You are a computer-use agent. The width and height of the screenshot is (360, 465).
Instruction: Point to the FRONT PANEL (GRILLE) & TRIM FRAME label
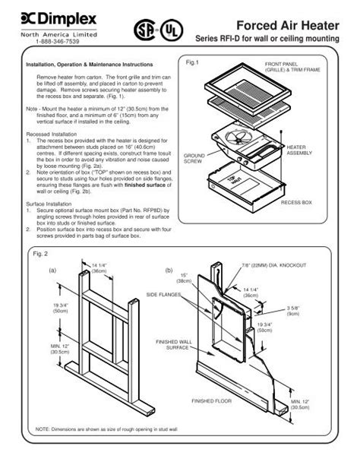[x=292, y=68]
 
